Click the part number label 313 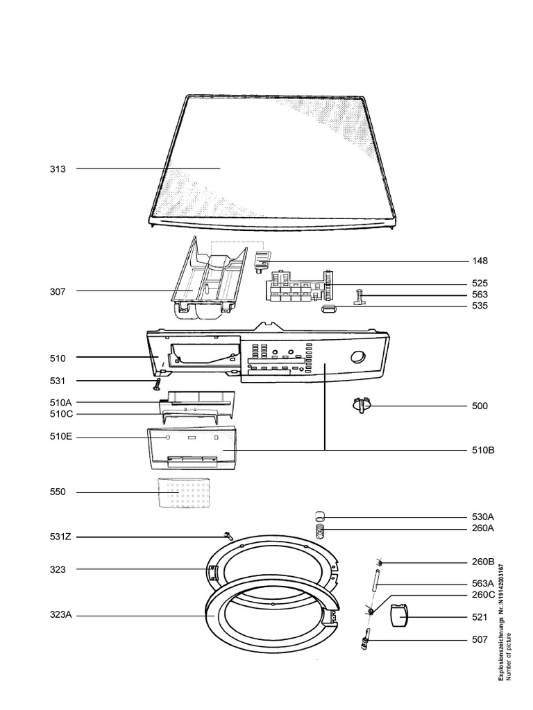(x=58, y=168)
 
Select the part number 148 (x=480, y=261)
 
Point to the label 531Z (x=60, y=537)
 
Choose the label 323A (x=60, y=615)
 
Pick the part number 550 (x=58, y=492)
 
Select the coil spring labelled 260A (x=321, y=532)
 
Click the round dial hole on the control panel (x=359, y=357)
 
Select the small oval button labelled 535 (x=329, y=306)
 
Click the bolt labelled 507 (x=366, y=639)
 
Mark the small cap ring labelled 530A (x=320, y=515)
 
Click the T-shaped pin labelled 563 (x=363, y=296)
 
